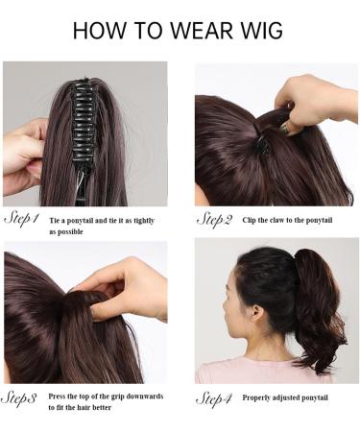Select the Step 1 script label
(22, 218)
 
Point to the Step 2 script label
(214, 220)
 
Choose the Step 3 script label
(20, 396)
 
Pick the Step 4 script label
(214, 396)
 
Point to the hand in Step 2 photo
(312, 96)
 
